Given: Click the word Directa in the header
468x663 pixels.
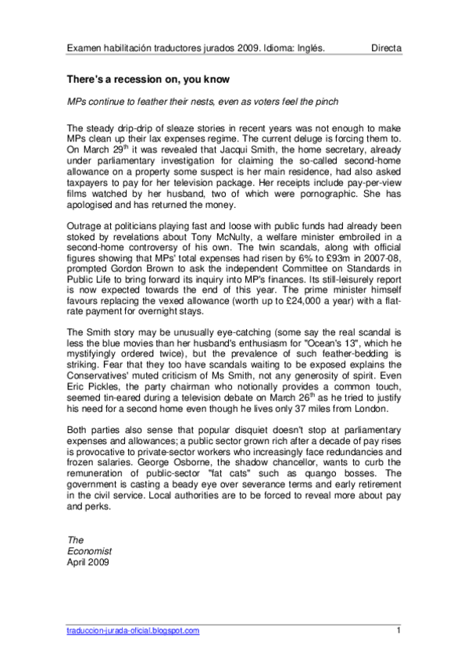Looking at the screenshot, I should tap(386, 48).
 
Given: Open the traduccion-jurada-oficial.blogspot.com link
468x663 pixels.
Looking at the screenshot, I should tap(133, 630).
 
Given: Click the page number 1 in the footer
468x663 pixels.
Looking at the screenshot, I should tap(398, 630).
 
